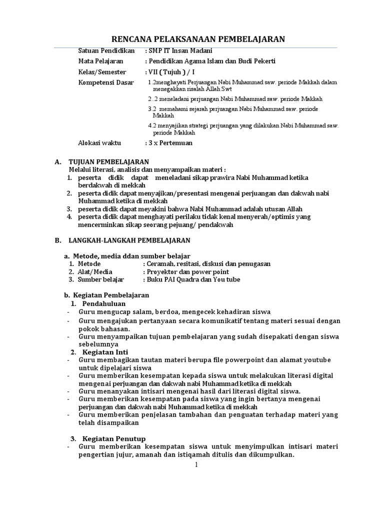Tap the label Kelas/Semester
click(102, 71)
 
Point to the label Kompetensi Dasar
click(106, 82)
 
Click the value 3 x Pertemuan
click(168, 143)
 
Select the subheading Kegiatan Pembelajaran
click(111, 295)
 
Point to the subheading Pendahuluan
click(104, 303)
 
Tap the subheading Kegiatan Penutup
click(110, 438)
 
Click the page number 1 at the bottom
click(196, 465)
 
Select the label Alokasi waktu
click(99, 143)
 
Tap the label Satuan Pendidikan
click(103, 50)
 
